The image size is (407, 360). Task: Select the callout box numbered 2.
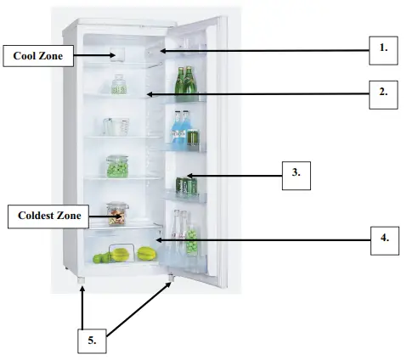pos(383,93)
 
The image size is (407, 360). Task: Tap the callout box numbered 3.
pos(296,175)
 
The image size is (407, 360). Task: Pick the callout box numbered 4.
pos(384,239)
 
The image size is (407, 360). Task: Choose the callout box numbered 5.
pos(92,340)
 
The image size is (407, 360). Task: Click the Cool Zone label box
pos(37,57)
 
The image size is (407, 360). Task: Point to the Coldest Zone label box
pos(49,216)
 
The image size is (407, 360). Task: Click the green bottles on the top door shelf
pos(185,84)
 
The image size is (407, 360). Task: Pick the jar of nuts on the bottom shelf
pos(117,214)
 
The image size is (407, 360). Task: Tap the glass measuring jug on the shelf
pos(116,126)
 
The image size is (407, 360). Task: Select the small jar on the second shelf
pos(119,84)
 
